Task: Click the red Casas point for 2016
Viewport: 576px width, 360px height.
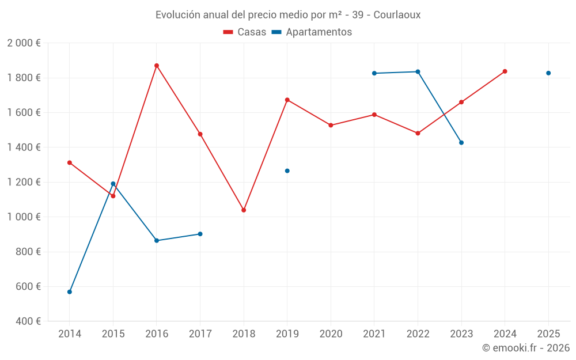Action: click(157, 66)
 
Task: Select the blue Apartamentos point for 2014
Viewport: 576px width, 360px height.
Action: click(70, 292)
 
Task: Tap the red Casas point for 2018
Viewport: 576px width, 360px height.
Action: click(244, 210)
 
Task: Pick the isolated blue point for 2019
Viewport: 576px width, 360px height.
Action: click(287, 171)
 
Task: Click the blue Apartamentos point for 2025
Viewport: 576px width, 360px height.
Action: click(548, 73)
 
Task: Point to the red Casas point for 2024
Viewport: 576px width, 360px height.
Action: click(505, 71)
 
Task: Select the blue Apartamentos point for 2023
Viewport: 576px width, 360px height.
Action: click(461, 143)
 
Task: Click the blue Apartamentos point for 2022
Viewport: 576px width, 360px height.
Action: click(418, 72)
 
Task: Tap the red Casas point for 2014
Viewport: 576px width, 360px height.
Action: click(70, 163)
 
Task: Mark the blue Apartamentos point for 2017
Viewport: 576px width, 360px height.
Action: click(200, 234)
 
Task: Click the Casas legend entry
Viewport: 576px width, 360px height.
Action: click(245, 32)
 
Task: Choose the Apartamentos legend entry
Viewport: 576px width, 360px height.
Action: click(312, 32)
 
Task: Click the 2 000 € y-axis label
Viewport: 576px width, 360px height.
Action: click(24, 43)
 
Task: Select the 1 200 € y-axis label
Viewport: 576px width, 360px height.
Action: click(24, 182)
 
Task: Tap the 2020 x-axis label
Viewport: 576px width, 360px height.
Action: click(331, 334)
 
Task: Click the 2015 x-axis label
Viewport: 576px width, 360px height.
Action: click(113, 334)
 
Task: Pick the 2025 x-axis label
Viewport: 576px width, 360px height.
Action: click(548, 334)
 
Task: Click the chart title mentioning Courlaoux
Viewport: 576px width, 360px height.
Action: click(288, 15)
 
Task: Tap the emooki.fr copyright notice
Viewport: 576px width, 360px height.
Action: click(526, 348)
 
